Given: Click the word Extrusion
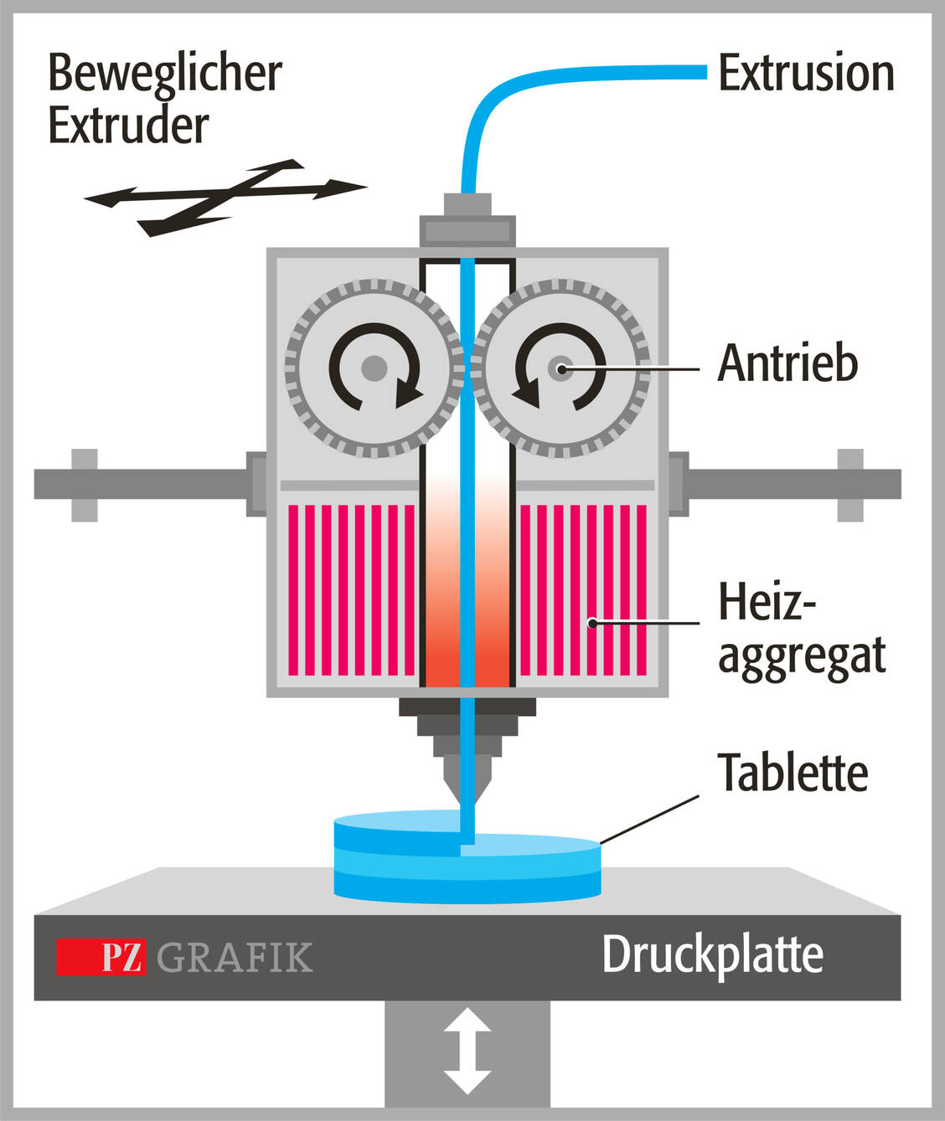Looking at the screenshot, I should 806,74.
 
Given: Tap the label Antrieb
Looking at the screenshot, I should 787,363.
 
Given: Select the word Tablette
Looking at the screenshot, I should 793,772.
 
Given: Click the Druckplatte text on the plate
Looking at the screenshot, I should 712,955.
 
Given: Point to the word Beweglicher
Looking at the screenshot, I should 165,73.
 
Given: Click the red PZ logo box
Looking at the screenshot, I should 101,957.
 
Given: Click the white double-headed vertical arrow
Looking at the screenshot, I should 467,1052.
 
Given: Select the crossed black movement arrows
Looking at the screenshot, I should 226,195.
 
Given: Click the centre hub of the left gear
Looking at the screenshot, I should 374,368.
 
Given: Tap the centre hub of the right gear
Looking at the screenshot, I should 560,368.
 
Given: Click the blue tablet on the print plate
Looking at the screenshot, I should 467,862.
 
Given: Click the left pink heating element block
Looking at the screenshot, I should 351,589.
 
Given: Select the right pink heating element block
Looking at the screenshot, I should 583,589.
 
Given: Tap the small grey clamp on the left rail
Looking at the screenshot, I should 84,485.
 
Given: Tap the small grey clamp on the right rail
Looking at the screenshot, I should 850,485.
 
